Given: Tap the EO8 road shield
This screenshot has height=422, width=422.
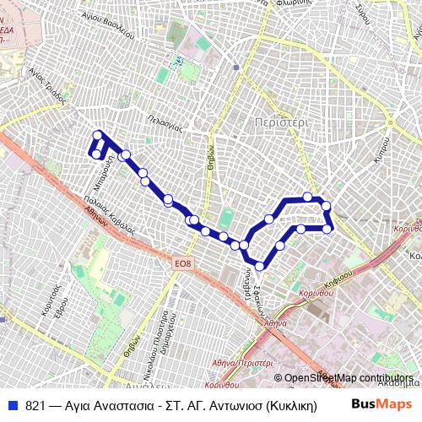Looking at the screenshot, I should coord(183,265).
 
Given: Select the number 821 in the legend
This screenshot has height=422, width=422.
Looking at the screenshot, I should coord(35,403).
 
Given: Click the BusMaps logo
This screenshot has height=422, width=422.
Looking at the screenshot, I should coord(382,403).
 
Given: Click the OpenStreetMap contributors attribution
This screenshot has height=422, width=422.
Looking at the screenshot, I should coord(349,378).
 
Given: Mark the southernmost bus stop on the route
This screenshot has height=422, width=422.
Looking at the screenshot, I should coord(260,267).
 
